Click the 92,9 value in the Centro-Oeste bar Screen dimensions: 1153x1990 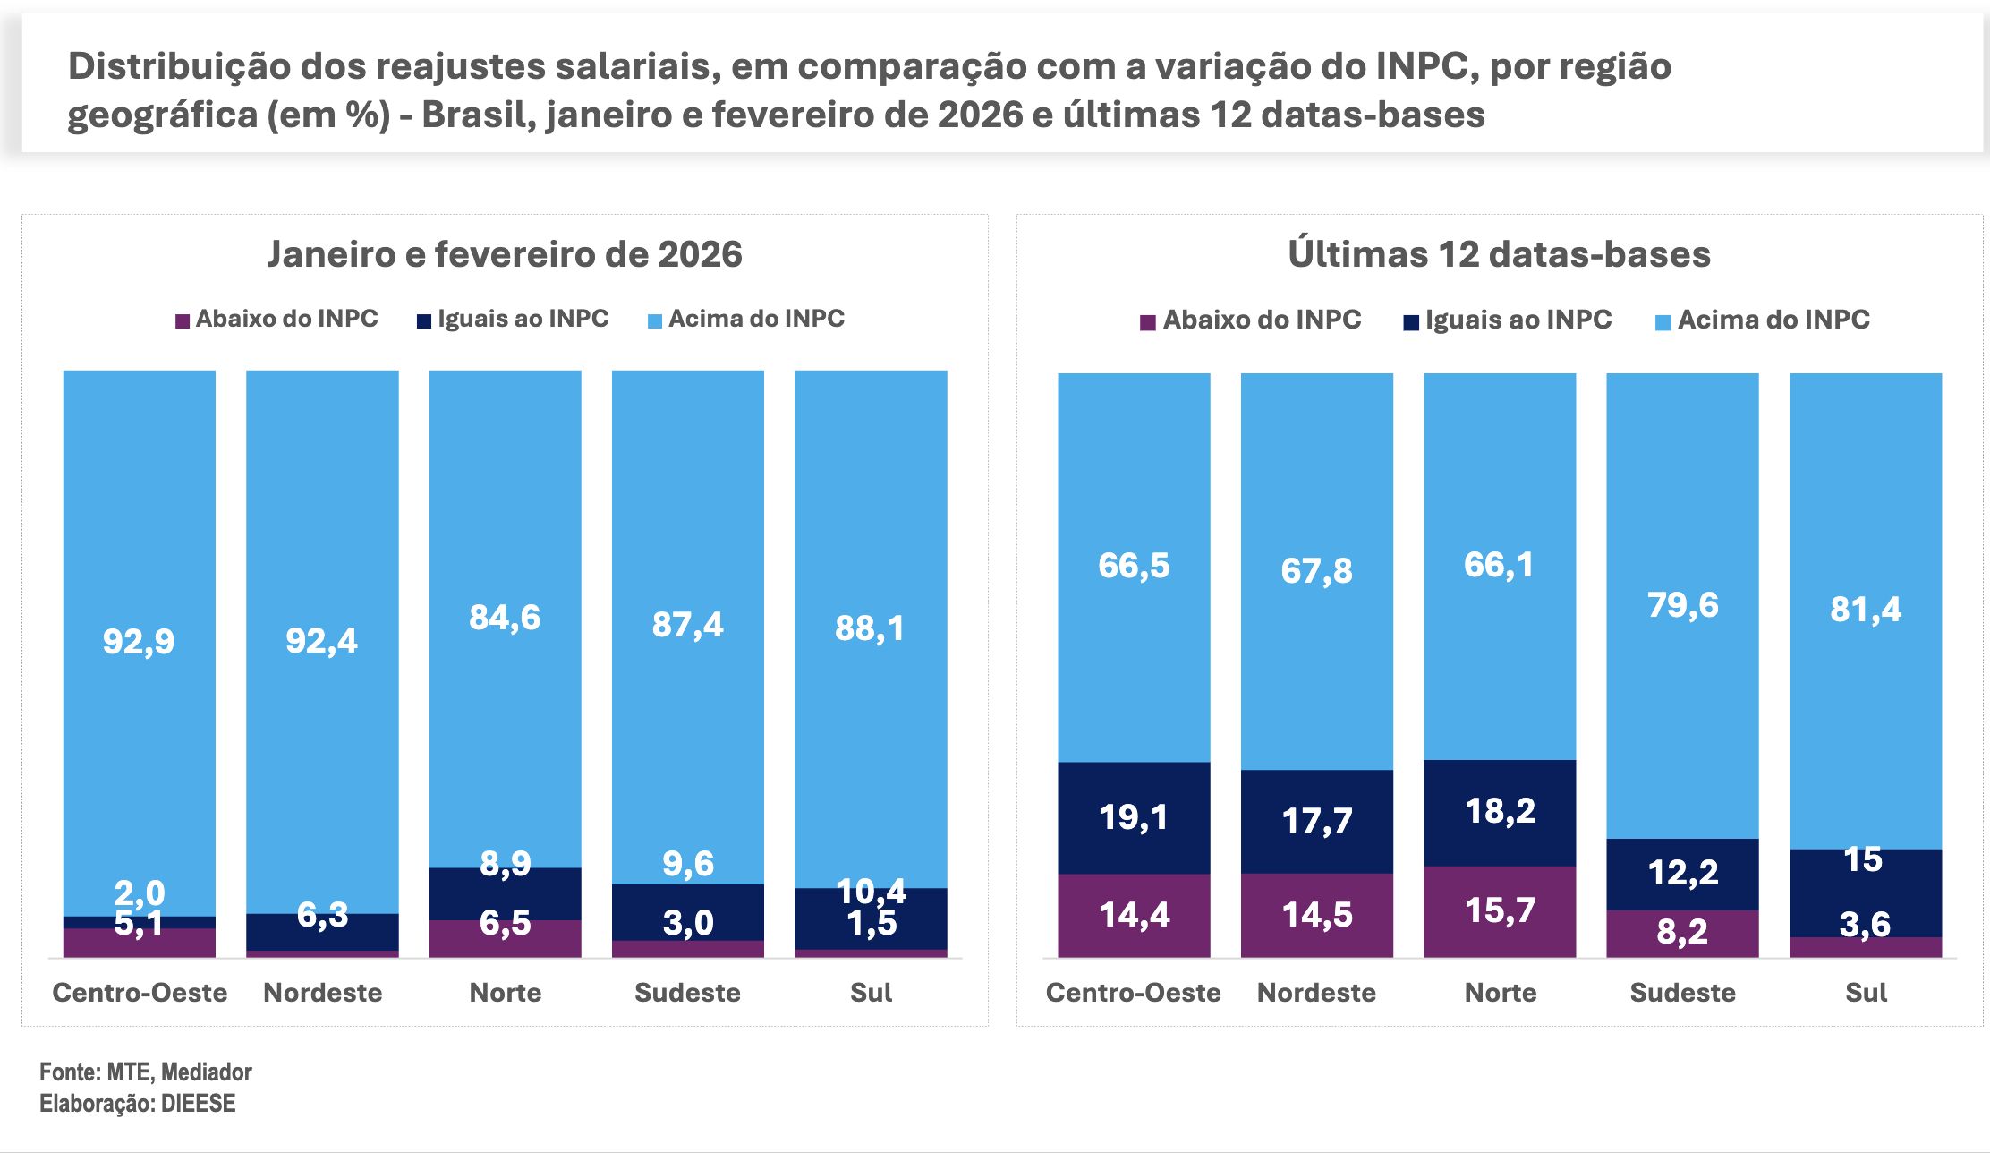coord(139,641)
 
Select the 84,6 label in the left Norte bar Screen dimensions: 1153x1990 coord(505,618)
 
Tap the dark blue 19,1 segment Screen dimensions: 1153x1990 coord(1134,817)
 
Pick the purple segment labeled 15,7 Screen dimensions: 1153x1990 coord(1500,910)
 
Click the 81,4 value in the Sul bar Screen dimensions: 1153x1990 coord(1866,610)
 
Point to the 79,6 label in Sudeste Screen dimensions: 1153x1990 coord(1682,605)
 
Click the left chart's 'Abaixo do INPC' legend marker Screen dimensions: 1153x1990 coord(183,320)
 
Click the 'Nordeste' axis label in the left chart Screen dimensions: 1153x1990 coord(322,992)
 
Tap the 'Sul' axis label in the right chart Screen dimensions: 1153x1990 coord(1866,992)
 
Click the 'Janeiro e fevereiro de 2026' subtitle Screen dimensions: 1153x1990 coord(505,254)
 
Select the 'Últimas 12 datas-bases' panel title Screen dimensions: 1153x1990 coord(1499,254)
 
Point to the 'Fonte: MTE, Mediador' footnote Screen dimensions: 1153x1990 coord(145,1072)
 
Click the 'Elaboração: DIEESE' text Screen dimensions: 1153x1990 coord(137,1103)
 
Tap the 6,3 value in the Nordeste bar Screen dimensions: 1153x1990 coord(322,915)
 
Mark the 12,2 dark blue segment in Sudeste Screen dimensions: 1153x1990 coord(1682,873)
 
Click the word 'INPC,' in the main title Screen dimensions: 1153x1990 coord(1426,66)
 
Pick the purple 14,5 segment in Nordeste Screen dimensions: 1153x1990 coord(1316,915)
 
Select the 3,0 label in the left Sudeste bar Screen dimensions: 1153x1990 coord(687,923)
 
